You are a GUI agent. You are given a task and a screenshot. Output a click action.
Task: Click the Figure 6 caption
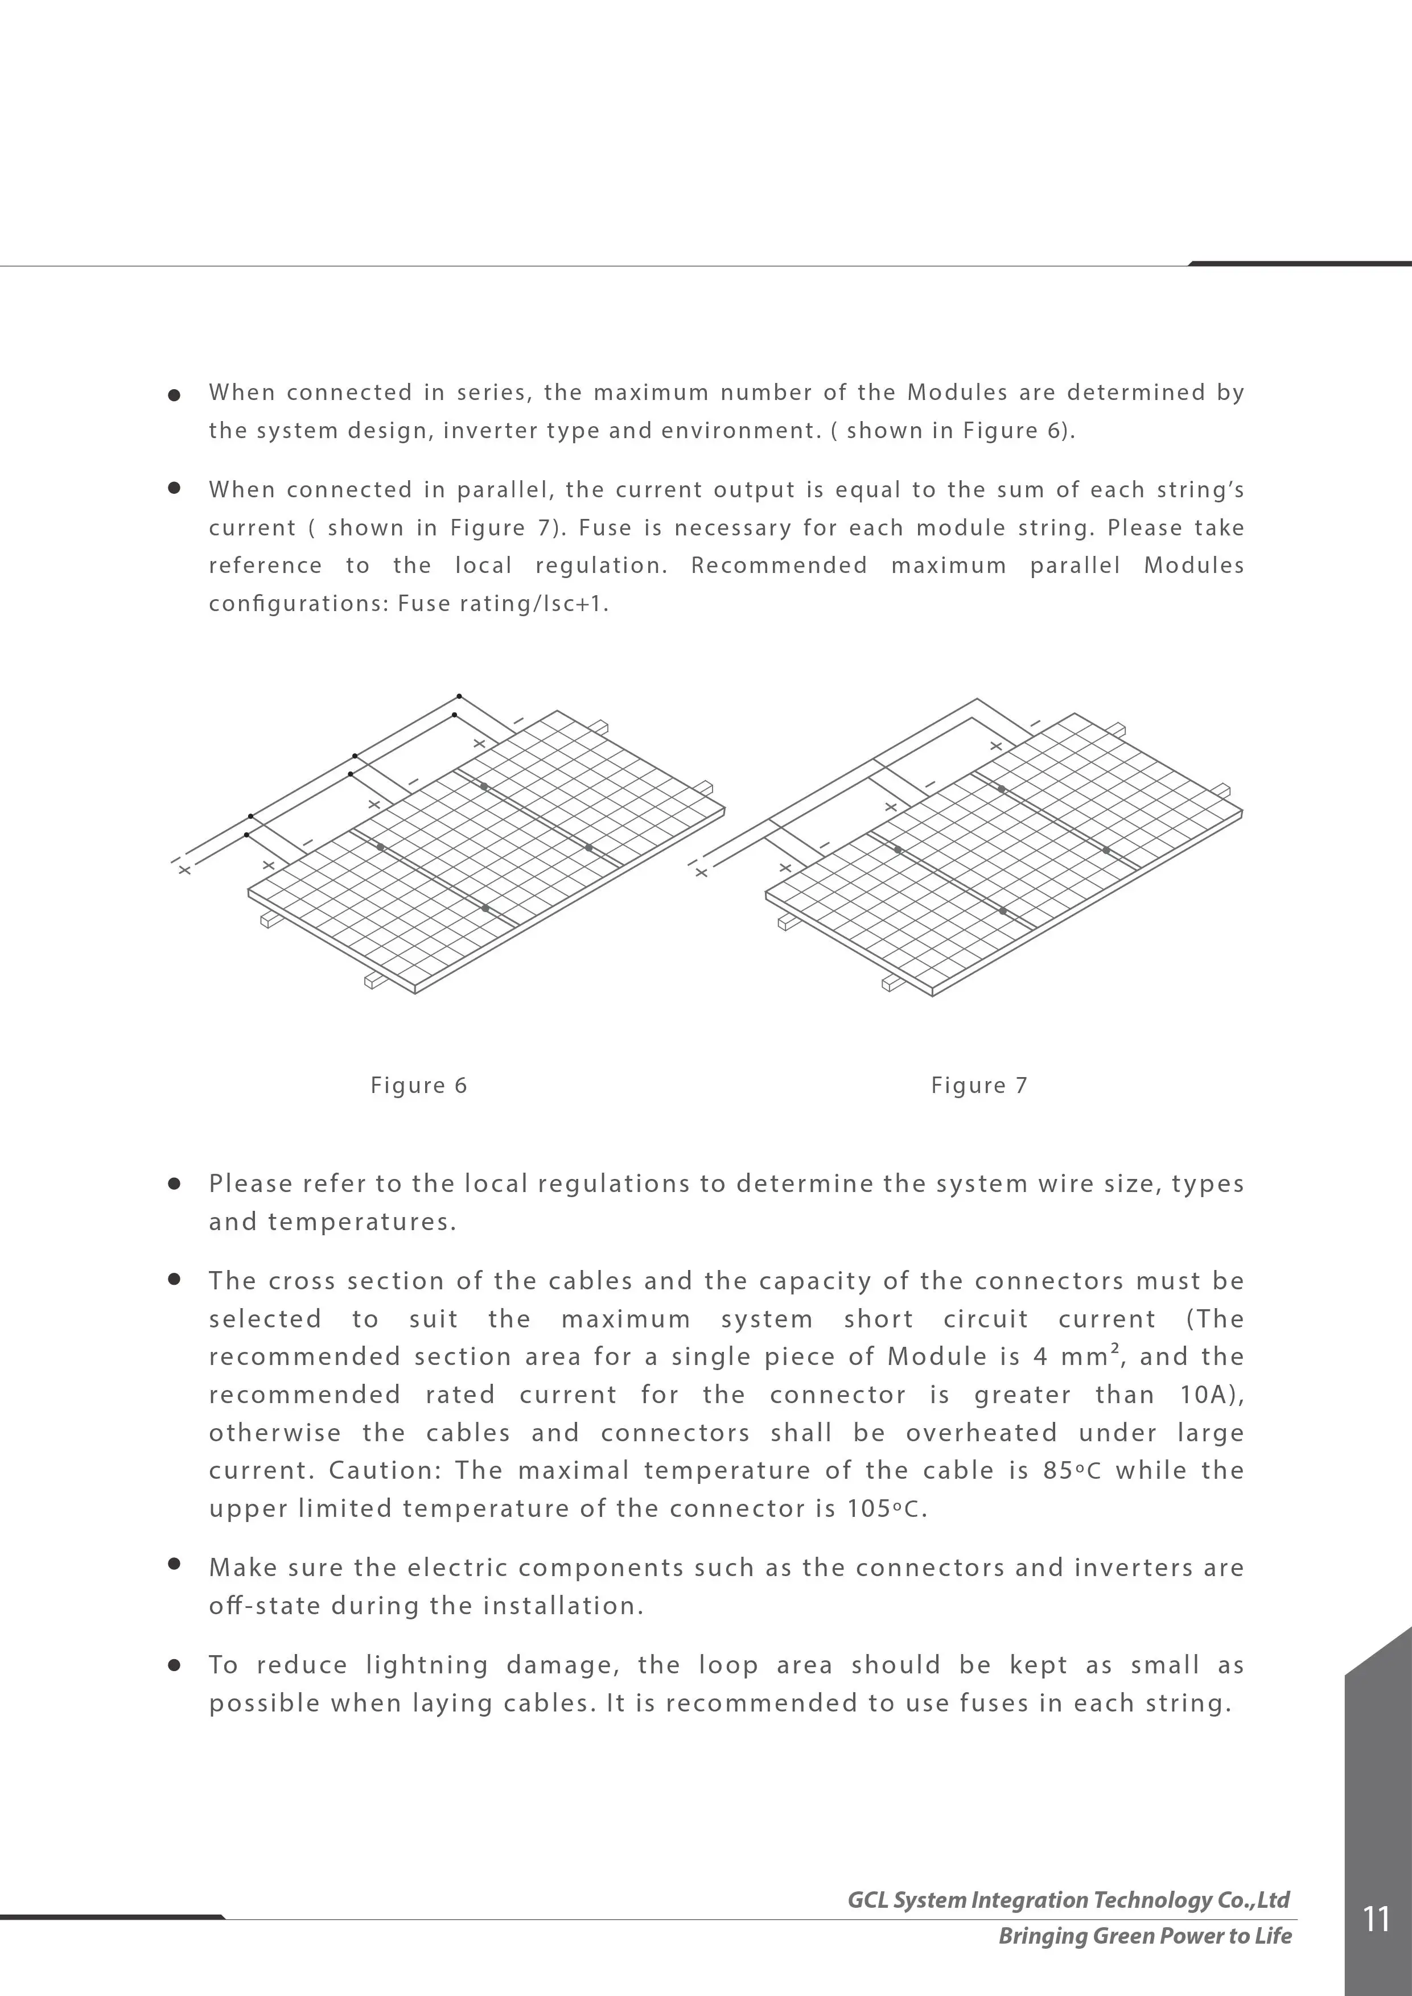(418, 1085)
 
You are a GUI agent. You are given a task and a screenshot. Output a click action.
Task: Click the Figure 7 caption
(979, 1085)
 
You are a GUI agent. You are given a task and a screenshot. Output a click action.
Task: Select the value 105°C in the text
(884, 1508)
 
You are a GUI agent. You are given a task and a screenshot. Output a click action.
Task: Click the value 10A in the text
(1209, 1395)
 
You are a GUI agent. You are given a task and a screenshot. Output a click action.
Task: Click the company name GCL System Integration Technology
(1068, 1899)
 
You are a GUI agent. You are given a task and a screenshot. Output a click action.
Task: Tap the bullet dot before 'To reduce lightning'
(174, 1665)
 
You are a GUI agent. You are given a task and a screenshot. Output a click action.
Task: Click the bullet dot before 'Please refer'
(174, 1183)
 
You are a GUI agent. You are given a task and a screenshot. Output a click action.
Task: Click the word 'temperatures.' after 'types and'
(362, 1222)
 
